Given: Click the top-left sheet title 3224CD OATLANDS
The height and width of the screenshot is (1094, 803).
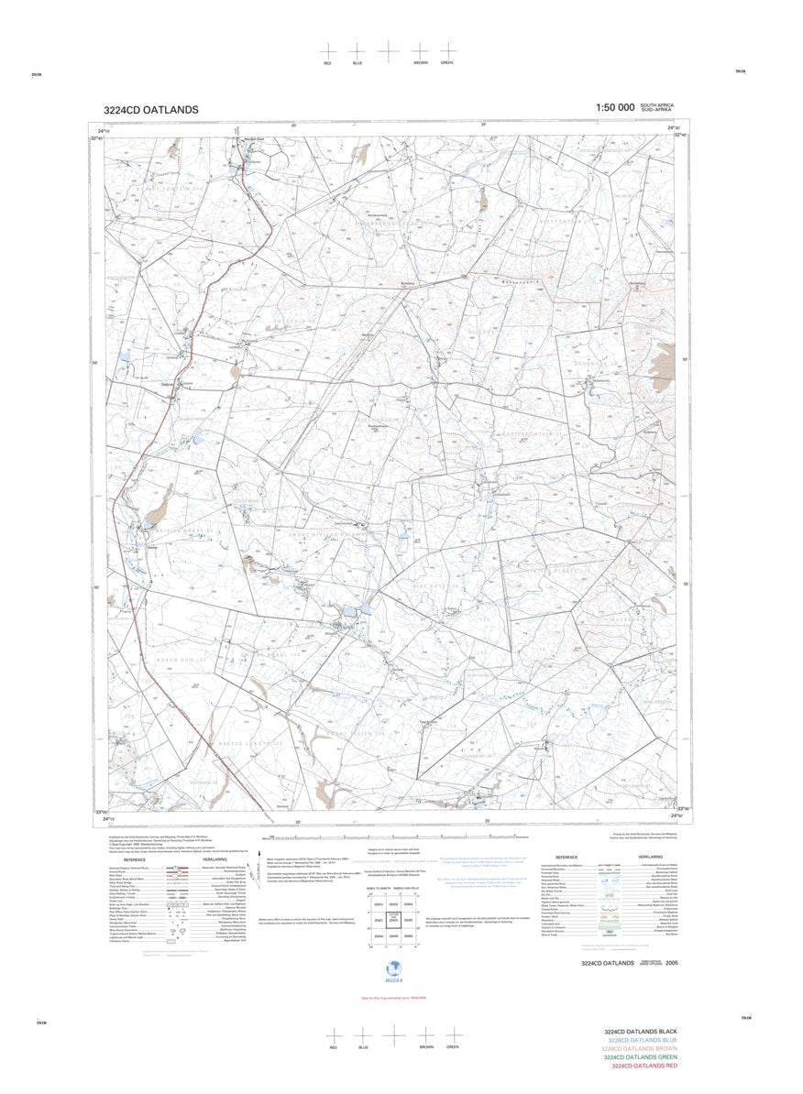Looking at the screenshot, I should [150, 110].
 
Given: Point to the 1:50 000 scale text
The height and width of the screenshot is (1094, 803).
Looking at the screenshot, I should [615, 108].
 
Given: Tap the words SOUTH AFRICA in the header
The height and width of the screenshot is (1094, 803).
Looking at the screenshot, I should [657, 105].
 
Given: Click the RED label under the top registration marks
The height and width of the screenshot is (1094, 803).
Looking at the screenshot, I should [327, 63].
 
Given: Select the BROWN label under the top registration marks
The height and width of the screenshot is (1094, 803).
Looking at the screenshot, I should [420, 63].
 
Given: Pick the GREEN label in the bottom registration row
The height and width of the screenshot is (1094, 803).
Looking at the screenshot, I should [452, 1046].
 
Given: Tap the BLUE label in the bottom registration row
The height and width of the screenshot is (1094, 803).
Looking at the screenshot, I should [363, 1046].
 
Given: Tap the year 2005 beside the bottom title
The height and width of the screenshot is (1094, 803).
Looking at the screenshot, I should [673, 963].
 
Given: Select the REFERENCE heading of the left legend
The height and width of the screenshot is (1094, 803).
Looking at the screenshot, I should [135, 859].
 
